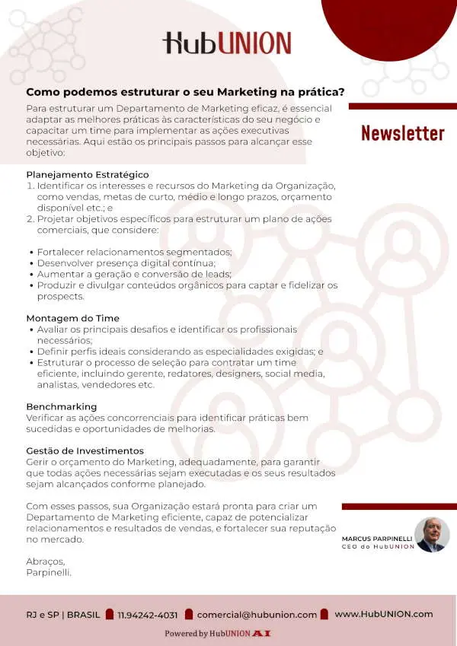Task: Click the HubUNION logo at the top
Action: click(226, 43)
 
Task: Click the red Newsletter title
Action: click(402, 133)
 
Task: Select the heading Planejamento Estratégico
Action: click(88, 175)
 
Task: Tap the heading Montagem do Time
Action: click(73, 318)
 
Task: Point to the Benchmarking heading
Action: click(62, 406)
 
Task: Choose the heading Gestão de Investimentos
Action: click(85, 451)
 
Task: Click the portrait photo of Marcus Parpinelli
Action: click(432, 534)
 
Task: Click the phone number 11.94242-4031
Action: click(148, 615)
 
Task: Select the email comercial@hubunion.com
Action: click(257, 615)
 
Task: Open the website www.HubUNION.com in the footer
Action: click(383, 614)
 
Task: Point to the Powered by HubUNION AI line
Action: click(218, 633)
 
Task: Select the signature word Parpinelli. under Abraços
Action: click(49, 572)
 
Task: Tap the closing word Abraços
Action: click(45, 562)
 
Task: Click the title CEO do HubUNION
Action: click(378, 546)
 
